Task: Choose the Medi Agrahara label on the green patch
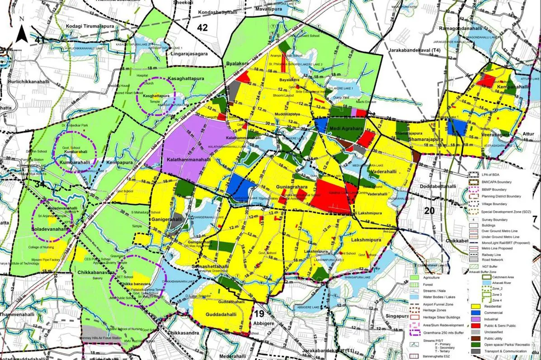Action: [347, 129]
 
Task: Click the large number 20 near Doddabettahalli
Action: [429, 211]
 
